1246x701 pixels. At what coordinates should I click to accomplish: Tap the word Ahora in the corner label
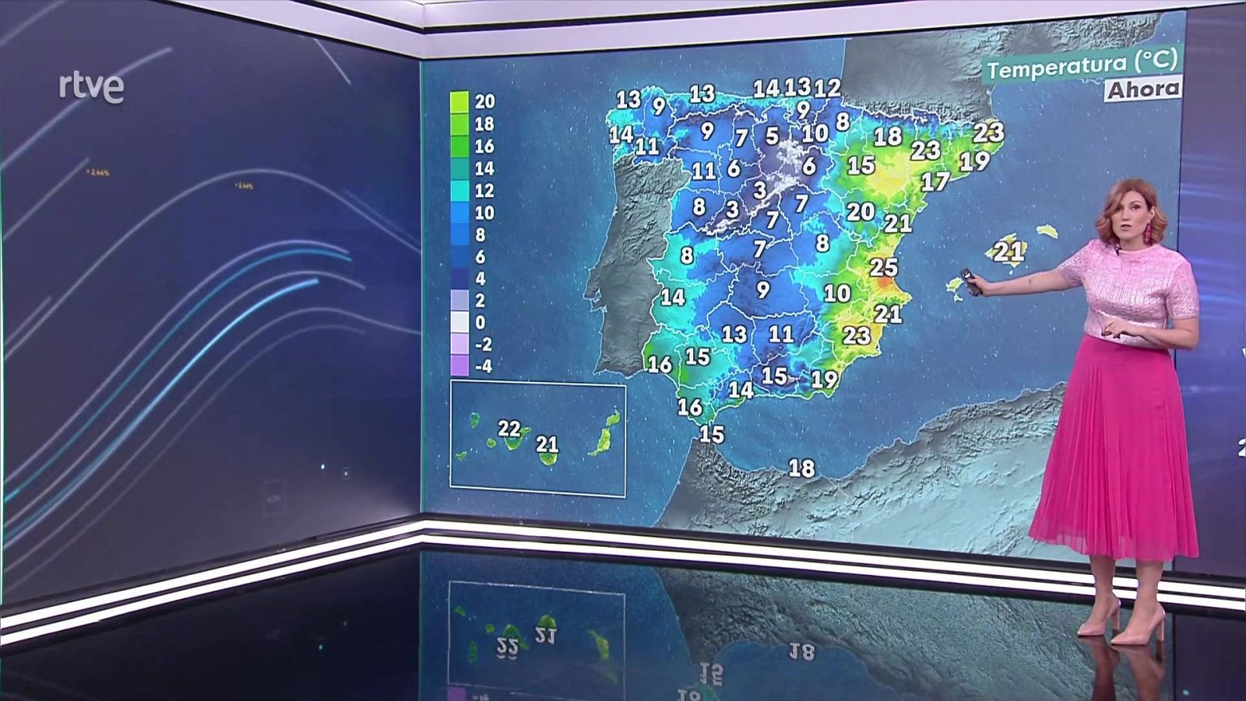(x=1143, y=89)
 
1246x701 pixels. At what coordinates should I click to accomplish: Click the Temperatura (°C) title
(x=1082, y=65)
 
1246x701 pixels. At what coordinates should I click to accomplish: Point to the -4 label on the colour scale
(x=484, y=366)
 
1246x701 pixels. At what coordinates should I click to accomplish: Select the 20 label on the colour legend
(x=484, y=101)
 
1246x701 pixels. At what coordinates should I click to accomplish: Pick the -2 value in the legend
(x=484, y=344)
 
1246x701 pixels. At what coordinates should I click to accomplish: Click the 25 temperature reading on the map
(x=883, y=268)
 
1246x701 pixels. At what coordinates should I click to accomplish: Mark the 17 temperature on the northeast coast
(x=935, y=182)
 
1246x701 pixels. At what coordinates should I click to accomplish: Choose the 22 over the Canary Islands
(x=509, y=429)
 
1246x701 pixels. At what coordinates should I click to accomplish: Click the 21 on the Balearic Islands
(x=1008, y=251)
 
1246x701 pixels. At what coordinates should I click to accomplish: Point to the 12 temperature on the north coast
(x=827, y=89)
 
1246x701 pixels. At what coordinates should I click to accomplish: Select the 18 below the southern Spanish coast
(x=801, y=468)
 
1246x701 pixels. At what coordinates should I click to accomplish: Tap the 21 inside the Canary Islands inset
(x=547, y=444)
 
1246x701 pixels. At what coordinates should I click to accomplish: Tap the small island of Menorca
(x=1047, y=231)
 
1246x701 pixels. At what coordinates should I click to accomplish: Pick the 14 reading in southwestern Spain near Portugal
(x=673, y=297)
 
